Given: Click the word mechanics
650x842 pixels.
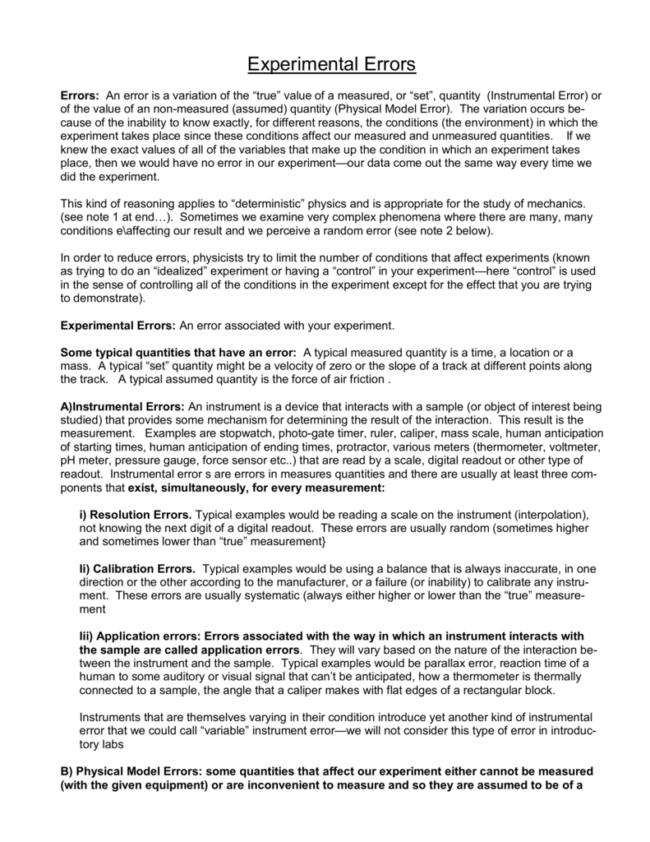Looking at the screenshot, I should (551, 201).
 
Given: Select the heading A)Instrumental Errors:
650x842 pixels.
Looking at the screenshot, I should (123, 406).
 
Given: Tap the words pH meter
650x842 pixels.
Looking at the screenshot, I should (85, 460).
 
